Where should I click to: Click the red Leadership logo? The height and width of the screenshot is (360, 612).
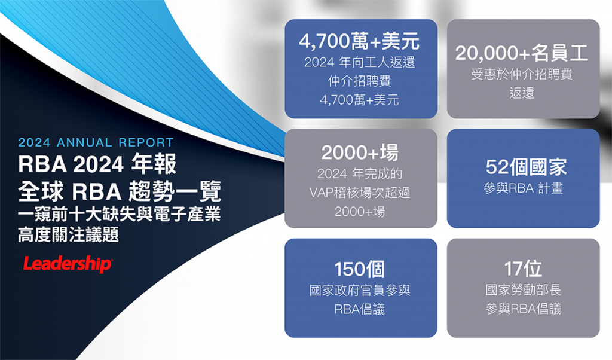pyautogui.click(x=68, y=264)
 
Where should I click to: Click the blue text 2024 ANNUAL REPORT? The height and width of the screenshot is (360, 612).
pyautogui.click(x=96, y=142)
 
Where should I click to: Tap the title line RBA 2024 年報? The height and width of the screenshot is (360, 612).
pyautogui.click(x=97, y=164)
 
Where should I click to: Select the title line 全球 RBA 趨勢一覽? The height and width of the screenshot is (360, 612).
pyautogui.click(x=120, y=191)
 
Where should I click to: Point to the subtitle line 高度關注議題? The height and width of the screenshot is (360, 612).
pyautogui.click(x=68, y=234)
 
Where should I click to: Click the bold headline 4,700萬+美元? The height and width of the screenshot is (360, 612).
pyautogui.click(x=359, y=41)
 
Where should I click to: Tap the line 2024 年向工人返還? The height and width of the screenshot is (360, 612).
pyautogui.click(x=359, y=62)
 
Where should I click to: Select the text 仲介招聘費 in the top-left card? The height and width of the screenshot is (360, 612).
pyautogui.click(x=359, y=81)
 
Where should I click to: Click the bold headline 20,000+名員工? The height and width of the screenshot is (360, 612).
pyautogui.click(x=522, y=53)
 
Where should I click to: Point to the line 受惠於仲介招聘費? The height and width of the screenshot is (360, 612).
pyautogui.click(x=522, y=74)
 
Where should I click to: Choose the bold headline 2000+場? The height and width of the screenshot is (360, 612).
pyautogui.click(x=360, y=152)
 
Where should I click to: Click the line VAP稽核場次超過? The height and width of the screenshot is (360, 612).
pyautogui.click(x=360, y=192)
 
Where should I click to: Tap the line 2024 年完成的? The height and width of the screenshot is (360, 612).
pyautogui.click(x=360, y=173)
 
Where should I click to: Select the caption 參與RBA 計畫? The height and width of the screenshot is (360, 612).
pyautogui.click(x=524, y=188)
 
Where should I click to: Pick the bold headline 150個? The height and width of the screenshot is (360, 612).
pyautogui.click(x=359, y=269)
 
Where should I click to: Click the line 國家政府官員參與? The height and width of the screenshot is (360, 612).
pyautogui.click(x=360, y=290)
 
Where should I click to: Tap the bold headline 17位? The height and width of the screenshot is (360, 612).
pyautogui.click(x=523, y=269)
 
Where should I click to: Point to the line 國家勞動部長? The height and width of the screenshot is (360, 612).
pyautogui.click(x=524, y=289)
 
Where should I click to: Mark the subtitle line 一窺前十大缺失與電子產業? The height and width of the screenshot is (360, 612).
pyautogui.click(x=120, y=214)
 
